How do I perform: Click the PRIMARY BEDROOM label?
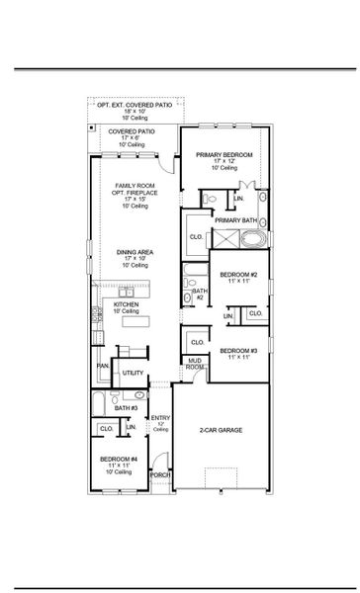tap(224, 155)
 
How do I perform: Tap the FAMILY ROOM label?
tap(132, 186)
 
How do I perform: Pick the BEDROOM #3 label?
tap(238, 351)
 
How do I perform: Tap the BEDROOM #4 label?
tap(118, 460)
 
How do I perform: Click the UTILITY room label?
tap(132, 373)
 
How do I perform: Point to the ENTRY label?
tap(160, 419)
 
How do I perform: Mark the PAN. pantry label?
tap(102, 366)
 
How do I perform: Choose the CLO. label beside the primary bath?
tap(196, 237)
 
